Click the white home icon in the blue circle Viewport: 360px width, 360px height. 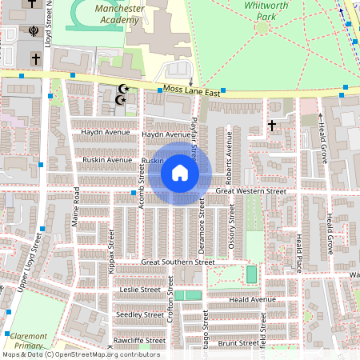tap(180, 173)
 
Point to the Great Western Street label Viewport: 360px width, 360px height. tap(251, 192)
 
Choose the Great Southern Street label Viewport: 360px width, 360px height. tap(178, 262)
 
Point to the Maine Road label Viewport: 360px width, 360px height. tap(77, 206)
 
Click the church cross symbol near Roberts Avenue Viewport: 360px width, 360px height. tap(272, 126)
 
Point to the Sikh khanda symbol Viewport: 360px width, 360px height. tap(34, 32)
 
